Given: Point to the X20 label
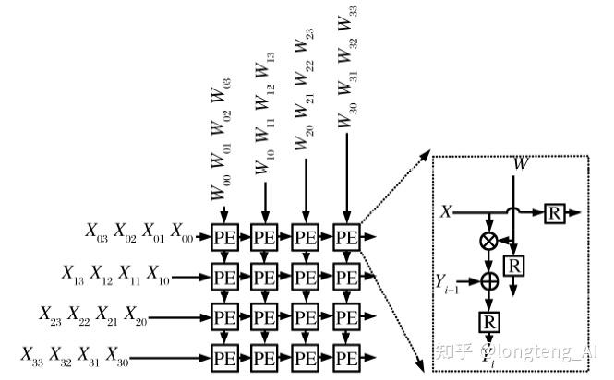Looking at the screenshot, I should coord(136,315).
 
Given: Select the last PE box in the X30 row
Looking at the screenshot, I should coord(345,355).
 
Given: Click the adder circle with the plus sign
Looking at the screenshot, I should coord(489,278).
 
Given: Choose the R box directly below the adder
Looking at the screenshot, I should coord(488,320).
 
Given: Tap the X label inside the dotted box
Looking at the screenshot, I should coord(447,211).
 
